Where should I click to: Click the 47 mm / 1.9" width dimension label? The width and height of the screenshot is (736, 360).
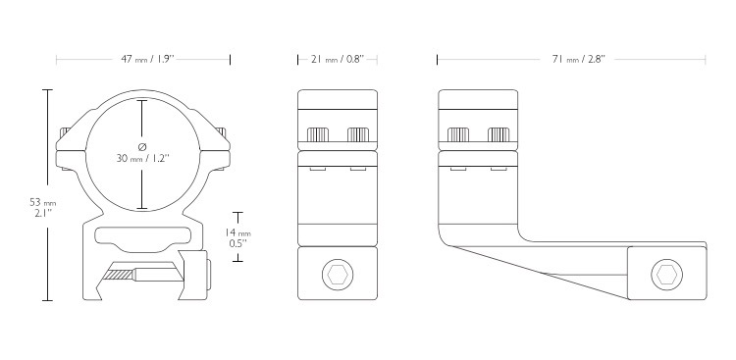coord(148,60)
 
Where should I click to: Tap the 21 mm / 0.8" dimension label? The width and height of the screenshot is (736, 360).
coord(338,60)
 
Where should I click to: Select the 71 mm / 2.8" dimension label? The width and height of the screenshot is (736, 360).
coord(579,60)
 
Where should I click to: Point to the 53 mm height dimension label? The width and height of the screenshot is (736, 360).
coord(43,208)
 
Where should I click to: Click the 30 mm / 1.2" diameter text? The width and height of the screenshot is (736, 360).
coord(142,159)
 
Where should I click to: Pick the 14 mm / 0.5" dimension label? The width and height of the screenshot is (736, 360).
coord(238,238)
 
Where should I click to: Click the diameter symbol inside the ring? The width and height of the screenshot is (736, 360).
coord(142,147)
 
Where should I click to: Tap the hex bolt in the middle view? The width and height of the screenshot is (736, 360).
coord(338,275)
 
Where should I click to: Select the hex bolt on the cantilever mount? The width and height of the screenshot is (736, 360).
coord(666,275)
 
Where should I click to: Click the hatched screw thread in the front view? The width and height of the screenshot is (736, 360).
coord(121,276)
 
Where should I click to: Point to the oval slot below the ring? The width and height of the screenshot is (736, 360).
coord(142,236)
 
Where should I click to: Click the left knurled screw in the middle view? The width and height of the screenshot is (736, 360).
coord(318,134)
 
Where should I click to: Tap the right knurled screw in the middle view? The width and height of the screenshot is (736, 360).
coord(357,134)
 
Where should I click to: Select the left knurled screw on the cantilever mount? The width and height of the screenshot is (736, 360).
coord(458,134)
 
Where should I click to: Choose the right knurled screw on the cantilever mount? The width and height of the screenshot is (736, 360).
coord(499,134)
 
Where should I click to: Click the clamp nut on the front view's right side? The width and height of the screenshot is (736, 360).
coord(197,274)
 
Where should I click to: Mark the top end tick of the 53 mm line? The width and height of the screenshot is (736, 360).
coord(47,89)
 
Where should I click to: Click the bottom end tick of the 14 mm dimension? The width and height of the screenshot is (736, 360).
coord(238,261)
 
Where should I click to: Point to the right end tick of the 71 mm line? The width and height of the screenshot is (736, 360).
coord(705,60)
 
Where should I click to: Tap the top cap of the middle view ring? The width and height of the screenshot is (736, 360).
coord(338,99)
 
